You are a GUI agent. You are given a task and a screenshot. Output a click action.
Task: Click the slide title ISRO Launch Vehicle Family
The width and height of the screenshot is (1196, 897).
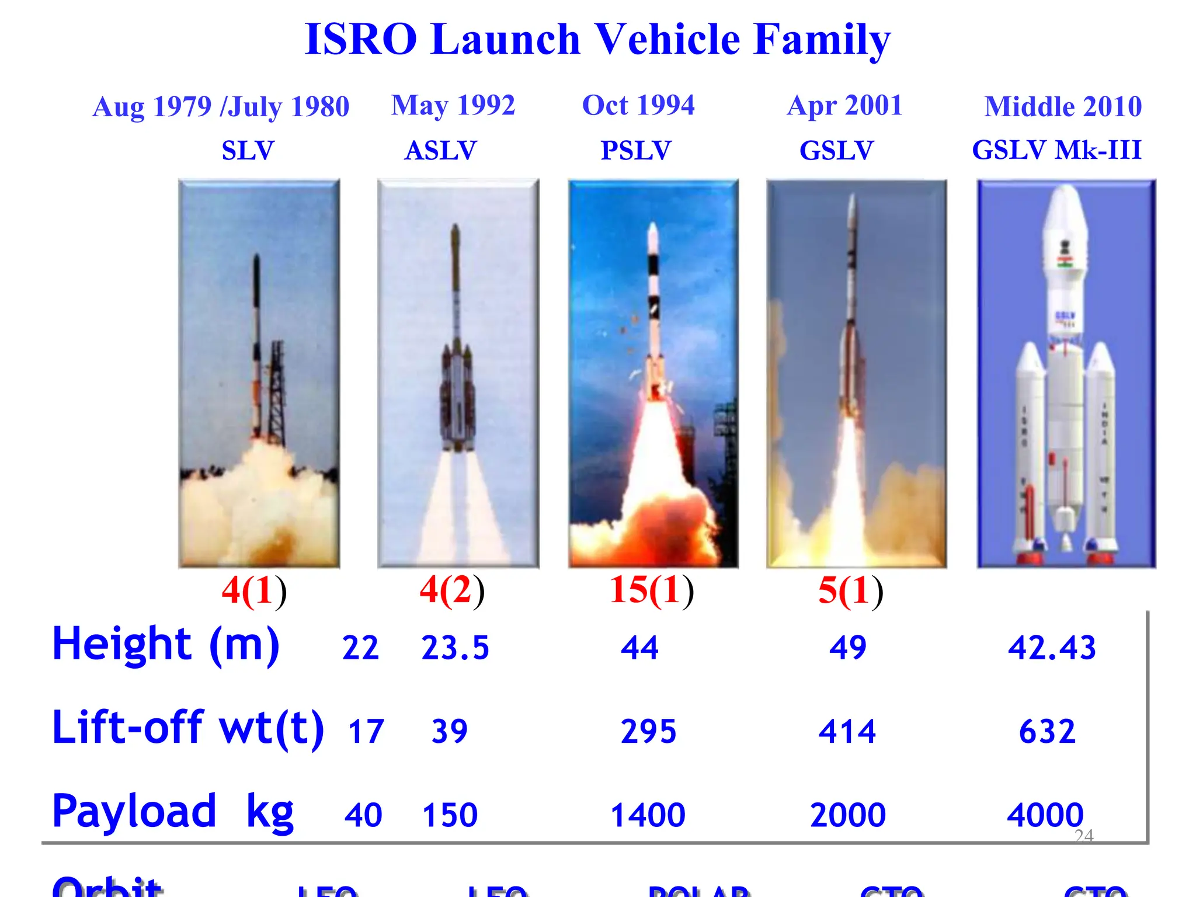[x=597, y=40]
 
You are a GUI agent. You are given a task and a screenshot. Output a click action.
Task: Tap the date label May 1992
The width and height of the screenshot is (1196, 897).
[x=453, y=106]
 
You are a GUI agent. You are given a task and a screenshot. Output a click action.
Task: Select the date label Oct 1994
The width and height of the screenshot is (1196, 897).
[x=638, y=106]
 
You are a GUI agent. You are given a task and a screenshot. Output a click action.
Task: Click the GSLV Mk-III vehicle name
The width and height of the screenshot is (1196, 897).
[x=1056, y=150]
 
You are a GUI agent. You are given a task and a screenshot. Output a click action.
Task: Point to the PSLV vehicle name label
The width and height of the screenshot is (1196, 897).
[x=636, y=151]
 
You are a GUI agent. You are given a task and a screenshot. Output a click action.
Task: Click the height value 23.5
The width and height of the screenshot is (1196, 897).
[x=455, y=648]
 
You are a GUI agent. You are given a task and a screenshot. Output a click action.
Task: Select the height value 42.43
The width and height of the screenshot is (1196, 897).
[x=1052, y=648]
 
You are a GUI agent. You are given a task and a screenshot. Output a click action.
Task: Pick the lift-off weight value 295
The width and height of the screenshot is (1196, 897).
[x=648, y=731]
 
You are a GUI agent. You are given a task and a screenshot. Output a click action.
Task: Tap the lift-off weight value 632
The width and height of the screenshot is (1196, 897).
[x=1047, y=731]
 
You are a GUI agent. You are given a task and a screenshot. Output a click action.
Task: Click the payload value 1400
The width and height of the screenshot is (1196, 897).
[x=648, y=815]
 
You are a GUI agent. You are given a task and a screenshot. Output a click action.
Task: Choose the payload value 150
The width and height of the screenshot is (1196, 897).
[x=450, y=815]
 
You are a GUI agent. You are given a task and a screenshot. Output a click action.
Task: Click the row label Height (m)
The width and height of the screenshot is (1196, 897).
[x=166, y=644]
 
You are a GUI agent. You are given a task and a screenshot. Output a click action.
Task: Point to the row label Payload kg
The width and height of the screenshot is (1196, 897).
[x=173, y=811]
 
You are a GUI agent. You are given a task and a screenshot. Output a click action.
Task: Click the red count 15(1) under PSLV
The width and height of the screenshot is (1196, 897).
[x=651, y=590]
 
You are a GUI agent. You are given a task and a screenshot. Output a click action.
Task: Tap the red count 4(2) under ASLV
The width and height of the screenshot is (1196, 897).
[x=452, y=590]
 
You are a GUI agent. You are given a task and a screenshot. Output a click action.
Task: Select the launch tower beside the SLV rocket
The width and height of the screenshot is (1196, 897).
[x=276, y=391]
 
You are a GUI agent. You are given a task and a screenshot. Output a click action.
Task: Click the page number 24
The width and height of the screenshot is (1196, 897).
[x=1084, y=836]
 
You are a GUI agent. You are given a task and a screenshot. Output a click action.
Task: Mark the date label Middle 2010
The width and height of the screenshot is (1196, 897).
[x=1063, y=107]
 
